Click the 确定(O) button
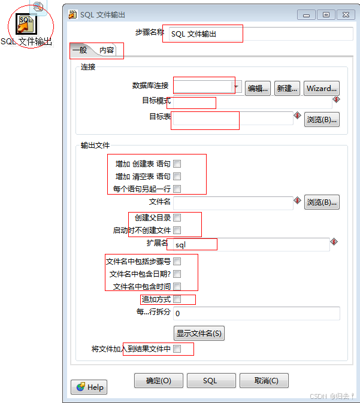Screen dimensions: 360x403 [x=158, y=380]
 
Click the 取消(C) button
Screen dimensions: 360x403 [x=264, y=380]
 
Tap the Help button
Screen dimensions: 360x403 [x=89, y=387]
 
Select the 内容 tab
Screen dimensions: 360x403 [x=107, y=50]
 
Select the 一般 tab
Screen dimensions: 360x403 [x=80, y=50]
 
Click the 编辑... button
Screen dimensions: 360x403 [x=258, y=88]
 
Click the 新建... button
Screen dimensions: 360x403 [x=287, y=88]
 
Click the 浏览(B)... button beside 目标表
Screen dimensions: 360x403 [x=322, y=119]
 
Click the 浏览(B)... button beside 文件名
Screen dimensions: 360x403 [x=322, y=202]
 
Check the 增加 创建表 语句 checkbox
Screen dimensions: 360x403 [x=177, y=163]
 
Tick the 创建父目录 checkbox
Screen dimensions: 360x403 [x=177, y=218]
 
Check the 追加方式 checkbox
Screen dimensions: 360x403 [x=177, y=299]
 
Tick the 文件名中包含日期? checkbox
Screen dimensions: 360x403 [x=177, y=274]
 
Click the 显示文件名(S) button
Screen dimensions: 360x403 [x=199, y=333]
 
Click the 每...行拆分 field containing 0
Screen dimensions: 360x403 [x=256, y=313]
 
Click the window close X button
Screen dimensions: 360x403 [x=345, y=14]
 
